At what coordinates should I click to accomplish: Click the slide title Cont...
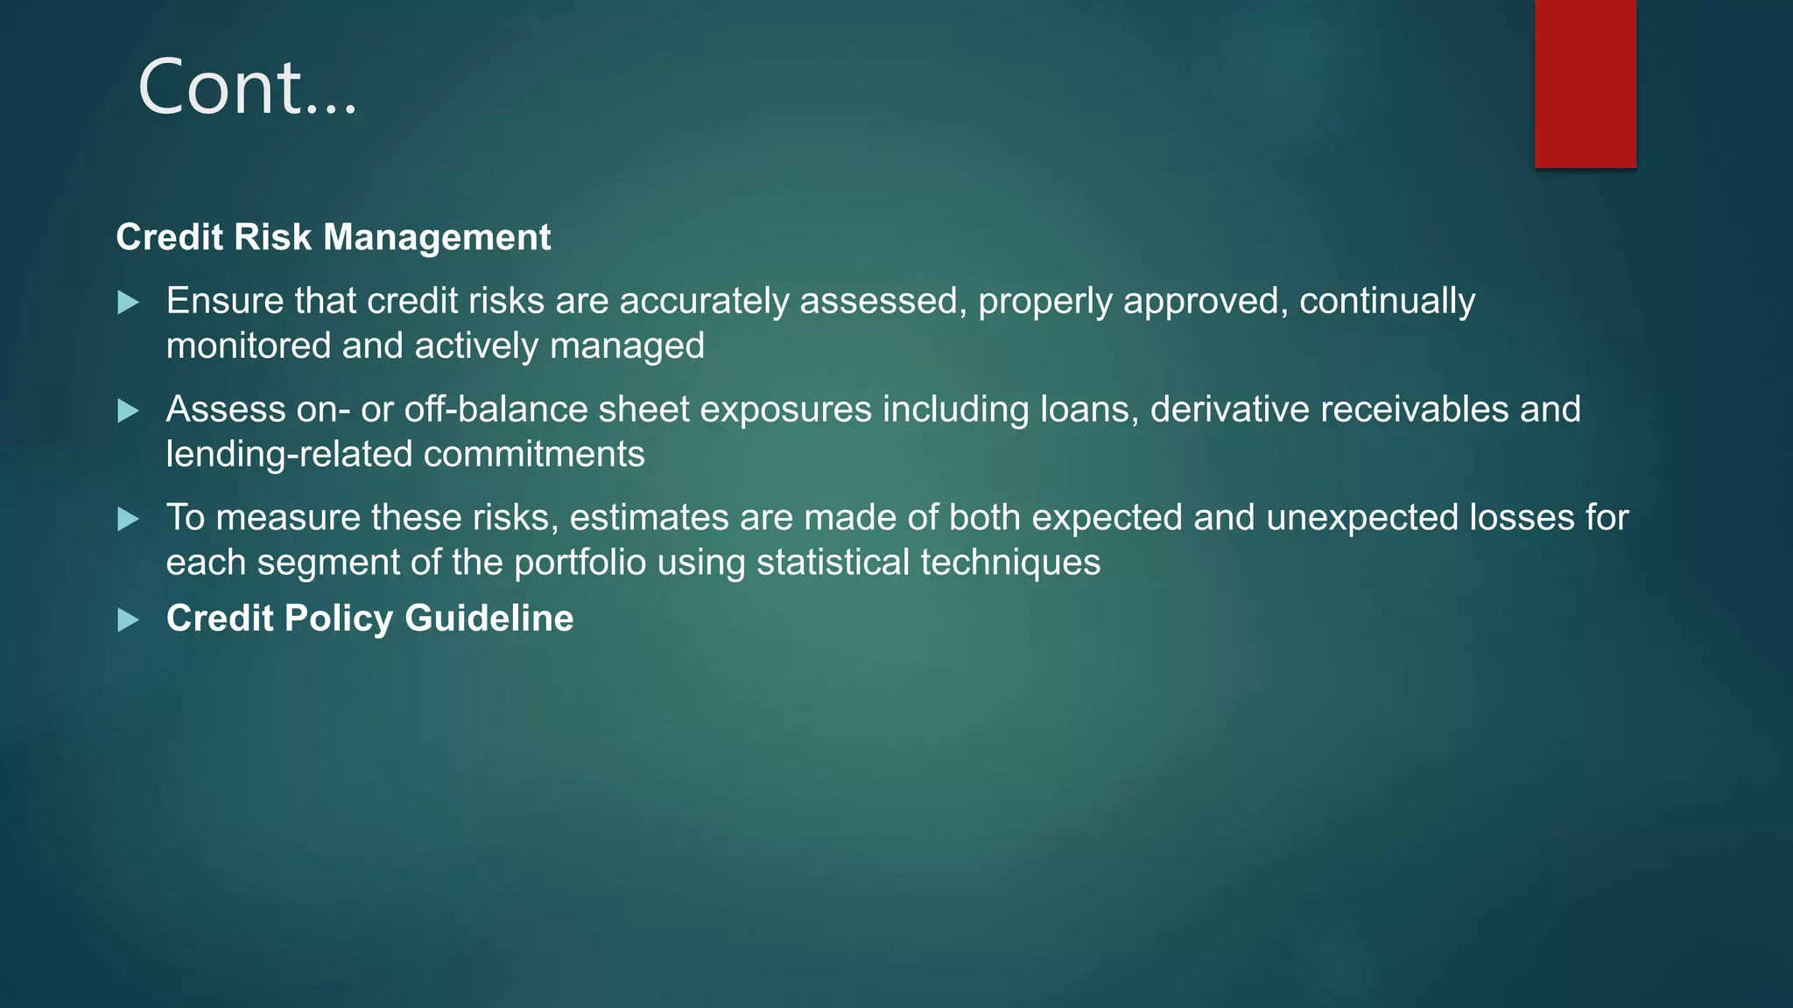[x=248, y=87]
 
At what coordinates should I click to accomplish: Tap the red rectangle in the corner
[x=1585, y=84]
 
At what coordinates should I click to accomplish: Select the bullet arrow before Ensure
[x=129, y=303]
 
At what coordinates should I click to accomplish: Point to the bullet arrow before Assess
[x=129, y=411]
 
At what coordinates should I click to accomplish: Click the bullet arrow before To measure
[x=129, y=520]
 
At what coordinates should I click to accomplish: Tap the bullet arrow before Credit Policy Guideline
[x=129, y=620]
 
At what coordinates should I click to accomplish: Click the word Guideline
[x=489, y=619]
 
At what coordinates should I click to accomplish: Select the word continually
[x=1387, y=301]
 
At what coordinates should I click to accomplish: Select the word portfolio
[x=580, y=563]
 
